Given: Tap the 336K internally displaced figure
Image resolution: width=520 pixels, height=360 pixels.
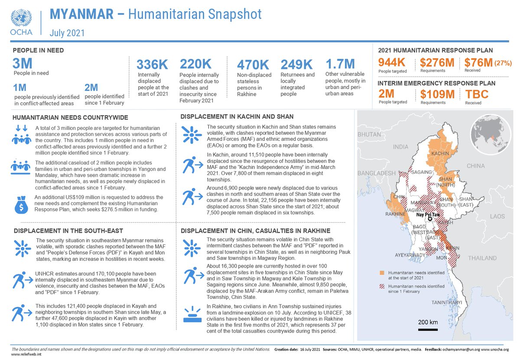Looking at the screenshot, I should [152, 65].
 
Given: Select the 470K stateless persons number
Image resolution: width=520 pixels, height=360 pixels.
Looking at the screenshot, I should [253, 65].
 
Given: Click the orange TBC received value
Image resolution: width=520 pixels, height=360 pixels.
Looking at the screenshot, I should [477, 94].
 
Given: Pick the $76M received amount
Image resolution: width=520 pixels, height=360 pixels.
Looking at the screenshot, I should [478, 63].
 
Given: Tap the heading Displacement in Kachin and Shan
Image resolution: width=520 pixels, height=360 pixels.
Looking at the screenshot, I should [237, 117].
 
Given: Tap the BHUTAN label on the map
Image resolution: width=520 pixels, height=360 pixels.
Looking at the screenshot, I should [369, 135].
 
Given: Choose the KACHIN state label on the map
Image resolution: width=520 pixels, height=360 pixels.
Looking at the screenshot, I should [440, 154].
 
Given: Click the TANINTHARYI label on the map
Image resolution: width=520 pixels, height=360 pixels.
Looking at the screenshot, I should [446, 302].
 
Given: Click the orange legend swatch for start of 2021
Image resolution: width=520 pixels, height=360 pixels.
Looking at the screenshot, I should [382, 273].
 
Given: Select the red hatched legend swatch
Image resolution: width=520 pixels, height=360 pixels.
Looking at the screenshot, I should [382, 287].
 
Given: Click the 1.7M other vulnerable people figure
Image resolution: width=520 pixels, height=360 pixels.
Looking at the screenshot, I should [340, 64].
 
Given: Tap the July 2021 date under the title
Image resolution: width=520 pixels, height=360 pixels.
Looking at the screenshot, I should [67, 32].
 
